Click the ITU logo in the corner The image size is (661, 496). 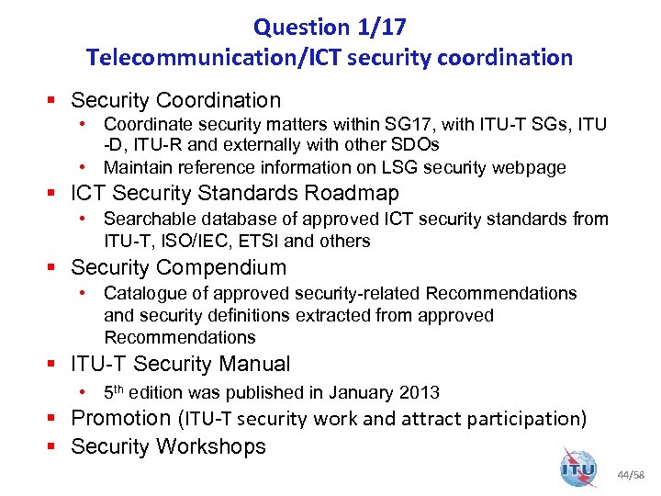coord(578,468)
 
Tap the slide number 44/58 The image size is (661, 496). coord(632,476)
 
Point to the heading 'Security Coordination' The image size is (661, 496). coord(175,100)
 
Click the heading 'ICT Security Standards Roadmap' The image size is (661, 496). coord(235,193)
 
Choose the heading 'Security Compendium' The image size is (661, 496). coord(178,267)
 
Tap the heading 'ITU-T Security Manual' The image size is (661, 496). coord(180,364)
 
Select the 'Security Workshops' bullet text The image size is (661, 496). coord(168,446)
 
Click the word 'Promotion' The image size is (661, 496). coord(120,418)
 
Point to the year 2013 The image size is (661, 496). coord(420,393)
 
